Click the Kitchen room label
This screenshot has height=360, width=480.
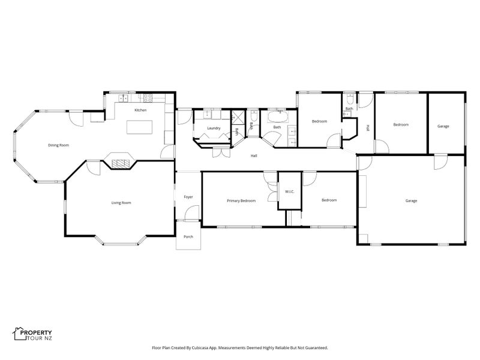point(140,110)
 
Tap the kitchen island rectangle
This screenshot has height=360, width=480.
point(140,127)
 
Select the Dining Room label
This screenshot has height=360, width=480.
point(58,145)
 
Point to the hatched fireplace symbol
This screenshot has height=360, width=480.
point(121,164)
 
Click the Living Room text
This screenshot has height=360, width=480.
point(121,203)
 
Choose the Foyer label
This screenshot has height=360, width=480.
point(188,197)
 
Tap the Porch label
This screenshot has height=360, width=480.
point(188,236)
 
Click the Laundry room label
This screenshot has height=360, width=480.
point(214,128)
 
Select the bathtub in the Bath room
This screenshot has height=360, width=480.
point(278,117)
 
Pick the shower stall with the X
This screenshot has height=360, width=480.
point(237,117)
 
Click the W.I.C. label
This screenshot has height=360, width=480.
point(290,191)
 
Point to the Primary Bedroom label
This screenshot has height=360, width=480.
point(241,201)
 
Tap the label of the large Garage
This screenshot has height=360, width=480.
point(411,201)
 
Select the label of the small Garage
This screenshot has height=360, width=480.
point(443,126)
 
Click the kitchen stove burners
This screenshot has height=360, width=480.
point(148,98)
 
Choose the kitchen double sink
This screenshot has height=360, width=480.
point(124,98)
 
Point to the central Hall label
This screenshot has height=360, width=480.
point(254,156)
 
